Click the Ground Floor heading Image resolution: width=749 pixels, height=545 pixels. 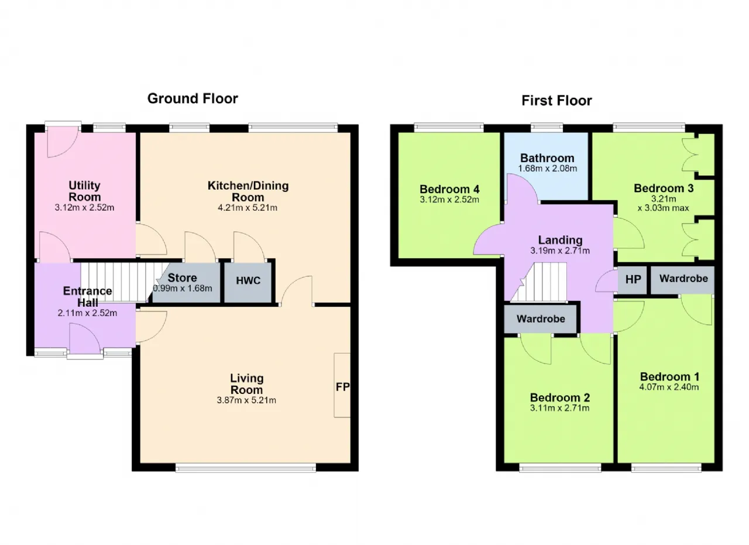click(193, 99)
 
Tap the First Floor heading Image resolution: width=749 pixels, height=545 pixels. click(556, 101)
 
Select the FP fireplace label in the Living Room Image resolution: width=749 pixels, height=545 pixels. click(342, 387)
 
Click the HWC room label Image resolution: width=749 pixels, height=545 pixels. click(248, 280)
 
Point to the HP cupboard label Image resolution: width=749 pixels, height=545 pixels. click(633, 279)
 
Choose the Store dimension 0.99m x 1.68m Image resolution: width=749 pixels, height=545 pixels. click(183, 288)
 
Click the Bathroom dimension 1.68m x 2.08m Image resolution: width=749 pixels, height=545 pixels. click(547, 168)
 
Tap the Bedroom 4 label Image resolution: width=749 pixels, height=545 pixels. click(449, 189)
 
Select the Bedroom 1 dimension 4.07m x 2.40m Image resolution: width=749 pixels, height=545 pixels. click(669, 387)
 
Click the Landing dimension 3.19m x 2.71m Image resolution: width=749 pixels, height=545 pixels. click(560, 251)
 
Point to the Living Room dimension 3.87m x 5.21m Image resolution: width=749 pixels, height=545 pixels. click(246, 400)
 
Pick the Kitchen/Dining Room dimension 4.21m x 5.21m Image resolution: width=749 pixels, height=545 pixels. click(248, 208)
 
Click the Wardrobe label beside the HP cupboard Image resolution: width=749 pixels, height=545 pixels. click(684, 279)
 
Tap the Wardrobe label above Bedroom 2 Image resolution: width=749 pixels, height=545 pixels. click(541, 319)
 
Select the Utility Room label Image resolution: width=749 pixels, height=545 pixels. click(85, 191)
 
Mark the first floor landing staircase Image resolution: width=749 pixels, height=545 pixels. click(538, 282)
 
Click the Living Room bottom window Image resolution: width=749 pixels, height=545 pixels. click(246, 468)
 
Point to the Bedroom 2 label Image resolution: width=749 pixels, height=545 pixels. click(560, 397)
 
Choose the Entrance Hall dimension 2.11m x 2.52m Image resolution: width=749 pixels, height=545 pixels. click(87, 313)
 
